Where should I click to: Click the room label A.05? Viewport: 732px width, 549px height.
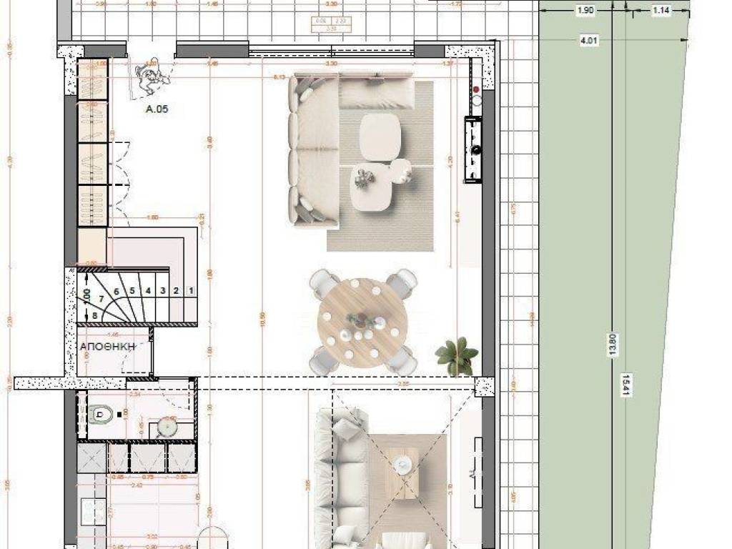[x=157, y=110]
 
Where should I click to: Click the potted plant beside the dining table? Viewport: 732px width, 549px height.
[x=456, y=355]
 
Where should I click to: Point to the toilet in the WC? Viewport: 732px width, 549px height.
[x=101, y=412]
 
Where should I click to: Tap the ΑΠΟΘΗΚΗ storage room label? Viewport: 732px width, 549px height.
[x=107, y=347]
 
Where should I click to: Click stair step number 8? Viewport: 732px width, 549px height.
[x=94, y=315]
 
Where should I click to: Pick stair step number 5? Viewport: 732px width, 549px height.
[x=132, y=291]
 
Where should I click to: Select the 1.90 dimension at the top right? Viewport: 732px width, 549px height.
[x=585, y=11]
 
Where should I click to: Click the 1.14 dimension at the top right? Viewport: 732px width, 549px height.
[x=661, y=11]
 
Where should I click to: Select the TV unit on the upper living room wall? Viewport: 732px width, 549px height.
[x=473, y=150]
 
